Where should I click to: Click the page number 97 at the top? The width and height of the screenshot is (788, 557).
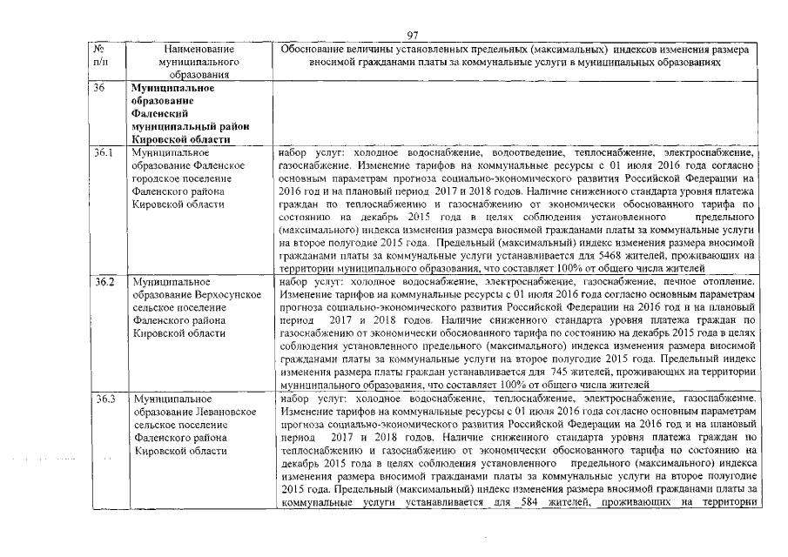click(x=414, y=35)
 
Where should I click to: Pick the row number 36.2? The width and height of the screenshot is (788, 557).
click(x=104, y=282)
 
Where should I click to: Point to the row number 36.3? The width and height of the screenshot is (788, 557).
click(x=104, y=399)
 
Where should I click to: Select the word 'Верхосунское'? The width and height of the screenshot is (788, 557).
click(x=229, y=295)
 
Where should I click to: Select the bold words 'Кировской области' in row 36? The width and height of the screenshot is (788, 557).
click(x=180, y=139)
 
